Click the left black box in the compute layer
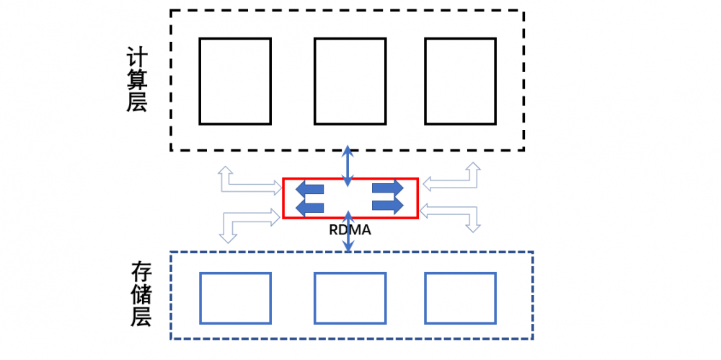235,81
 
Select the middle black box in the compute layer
350,81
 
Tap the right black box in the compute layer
460,81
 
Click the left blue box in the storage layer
235,298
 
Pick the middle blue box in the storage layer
350,298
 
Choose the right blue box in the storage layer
460,298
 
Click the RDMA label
350,231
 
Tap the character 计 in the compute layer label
137,57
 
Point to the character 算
137,79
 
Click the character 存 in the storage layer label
141,272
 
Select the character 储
141,294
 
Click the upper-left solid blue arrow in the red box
310,190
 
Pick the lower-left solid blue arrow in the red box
310,207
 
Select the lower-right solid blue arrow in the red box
387,206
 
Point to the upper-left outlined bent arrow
245,185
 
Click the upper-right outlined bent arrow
454,180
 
